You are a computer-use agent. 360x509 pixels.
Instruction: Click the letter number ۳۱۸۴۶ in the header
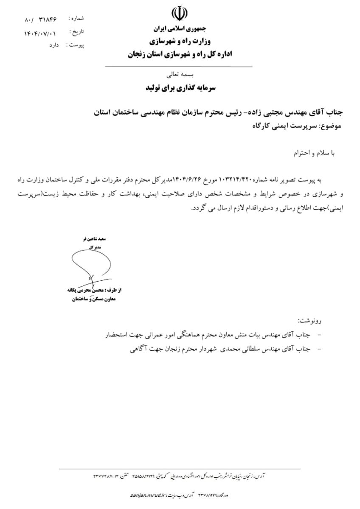(x=48, y=20)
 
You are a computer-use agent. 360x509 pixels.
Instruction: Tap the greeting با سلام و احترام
(x=315, y=154)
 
